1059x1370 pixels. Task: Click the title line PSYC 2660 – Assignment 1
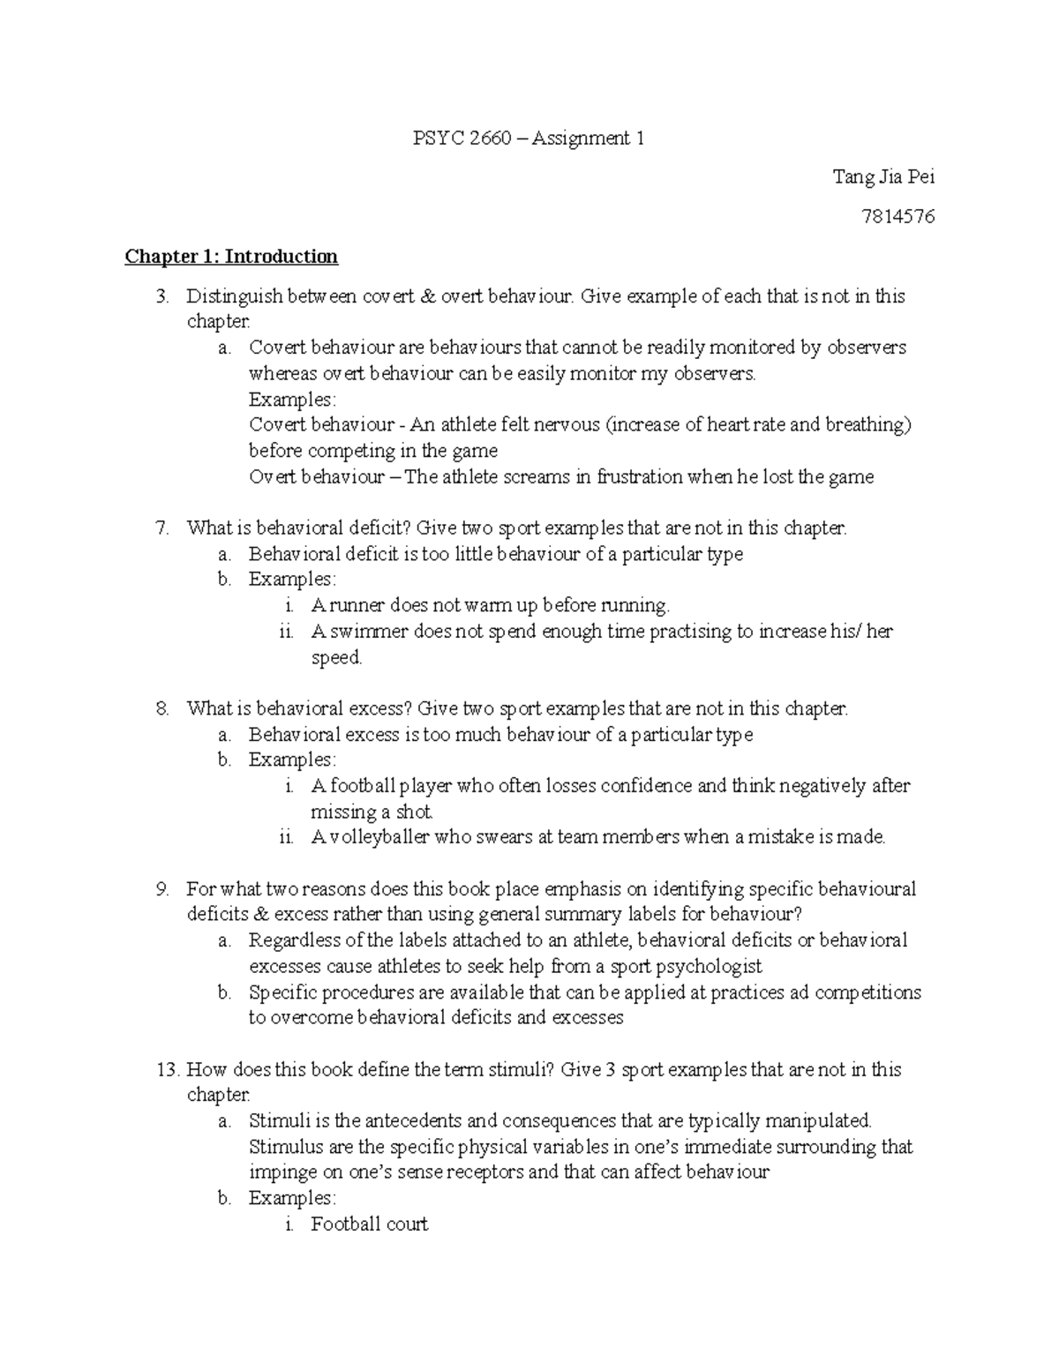tap(529, 138)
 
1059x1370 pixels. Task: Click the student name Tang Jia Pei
tap(883, 177)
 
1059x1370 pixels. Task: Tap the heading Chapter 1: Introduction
tap(231, 257)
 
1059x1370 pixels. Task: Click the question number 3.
tap(161, 296)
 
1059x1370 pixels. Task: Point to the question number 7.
tap(161, 528)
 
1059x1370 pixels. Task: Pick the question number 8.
tap(161, 708)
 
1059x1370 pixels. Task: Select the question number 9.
tap(161, 889)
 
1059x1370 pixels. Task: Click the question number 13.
tap(165, 1070)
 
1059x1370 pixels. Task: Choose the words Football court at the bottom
tap(369, 1224)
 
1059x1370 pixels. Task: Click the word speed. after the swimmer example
tap(336, 658)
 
